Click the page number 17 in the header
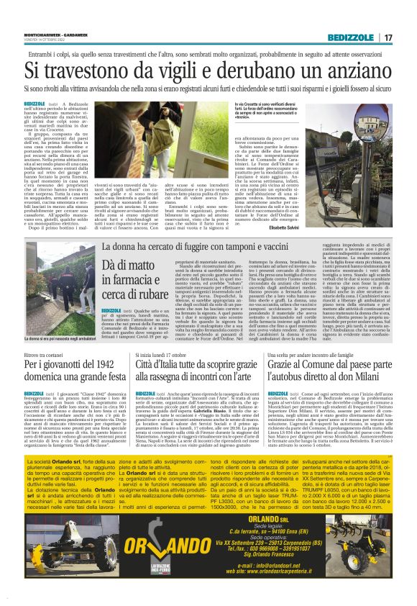[x=388, y=37]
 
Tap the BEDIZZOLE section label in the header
[x=349, y=37]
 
